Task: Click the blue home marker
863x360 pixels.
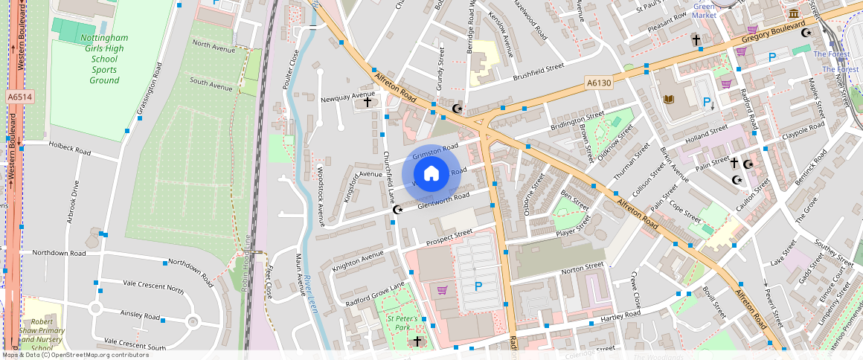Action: click(431, 174)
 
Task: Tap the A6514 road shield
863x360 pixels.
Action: click(19, 97)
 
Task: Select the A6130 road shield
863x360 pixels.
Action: click(597, 83)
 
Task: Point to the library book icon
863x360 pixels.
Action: click(669, 99)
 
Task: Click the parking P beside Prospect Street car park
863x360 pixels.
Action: click(478, 286)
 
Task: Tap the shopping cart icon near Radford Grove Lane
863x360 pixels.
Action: click(442, 289)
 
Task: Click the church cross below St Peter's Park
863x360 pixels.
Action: click(417, 341)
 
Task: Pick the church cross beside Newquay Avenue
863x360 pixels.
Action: click(367, 102)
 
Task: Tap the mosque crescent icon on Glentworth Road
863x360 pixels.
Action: click(397, 210)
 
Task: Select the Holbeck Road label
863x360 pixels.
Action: click(69, 148)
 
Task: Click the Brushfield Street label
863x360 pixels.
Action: click(539, 71)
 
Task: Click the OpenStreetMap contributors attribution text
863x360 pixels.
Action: click(74, 355)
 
